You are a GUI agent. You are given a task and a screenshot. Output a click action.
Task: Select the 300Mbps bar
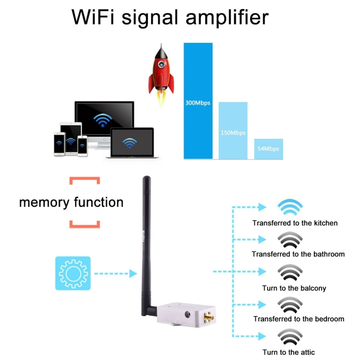(x=198, y=101)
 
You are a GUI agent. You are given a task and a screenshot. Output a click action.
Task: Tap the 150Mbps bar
(x=233, y=131)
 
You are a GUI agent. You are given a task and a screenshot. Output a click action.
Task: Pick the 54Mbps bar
(x=268, y=149)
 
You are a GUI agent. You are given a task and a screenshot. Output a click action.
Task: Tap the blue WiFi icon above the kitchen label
(x=290, y=208)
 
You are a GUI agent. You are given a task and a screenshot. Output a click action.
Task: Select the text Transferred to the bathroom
(x=298, y=254)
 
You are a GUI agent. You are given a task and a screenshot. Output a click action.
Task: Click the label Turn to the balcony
(x=294, y=288)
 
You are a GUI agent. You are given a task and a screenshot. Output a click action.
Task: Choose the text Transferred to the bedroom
(x=299, y=319)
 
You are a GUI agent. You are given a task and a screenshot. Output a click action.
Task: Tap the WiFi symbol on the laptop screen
(x=129, y=143)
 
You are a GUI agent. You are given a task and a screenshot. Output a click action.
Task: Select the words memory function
(x=71, y=202)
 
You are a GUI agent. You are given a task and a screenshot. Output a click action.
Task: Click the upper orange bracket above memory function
(x=84, y=180)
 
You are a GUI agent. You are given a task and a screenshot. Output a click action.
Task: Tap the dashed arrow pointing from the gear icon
(x=113, y=274)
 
